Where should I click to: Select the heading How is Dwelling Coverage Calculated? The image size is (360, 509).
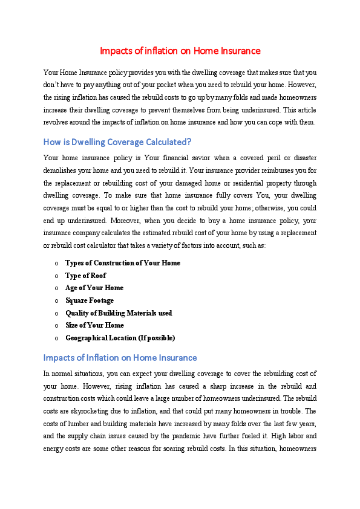point(117,143)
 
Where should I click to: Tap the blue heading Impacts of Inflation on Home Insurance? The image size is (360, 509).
point(120,358)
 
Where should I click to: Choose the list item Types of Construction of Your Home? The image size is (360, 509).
point(122,263)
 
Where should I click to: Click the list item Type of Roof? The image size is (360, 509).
point(85,276)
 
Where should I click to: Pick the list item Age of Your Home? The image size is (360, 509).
point(94,288)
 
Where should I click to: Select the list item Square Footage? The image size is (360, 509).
point(89,300)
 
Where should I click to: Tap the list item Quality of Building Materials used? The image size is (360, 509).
point(119,313)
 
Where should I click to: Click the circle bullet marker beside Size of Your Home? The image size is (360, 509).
point(56,325)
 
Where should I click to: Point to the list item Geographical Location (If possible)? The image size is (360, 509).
point(120,338)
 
